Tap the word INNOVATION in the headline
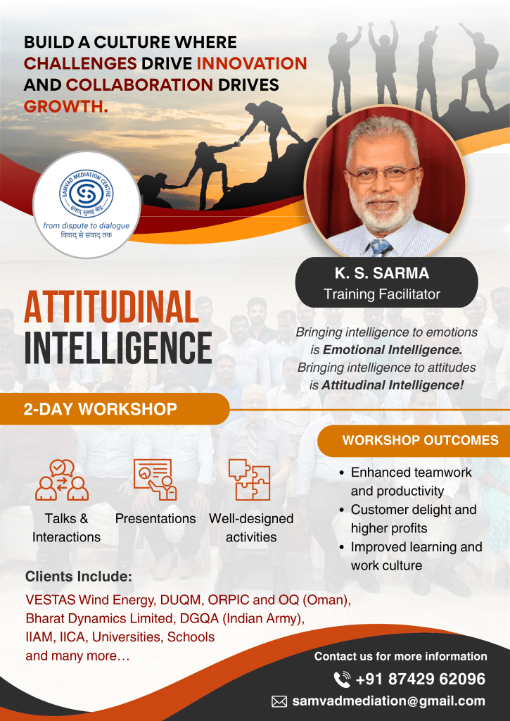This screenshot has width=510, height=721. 252,63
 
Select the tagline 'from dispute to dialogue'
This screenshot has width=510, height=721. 87,226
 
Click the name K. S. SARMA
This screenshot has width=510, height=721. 382,273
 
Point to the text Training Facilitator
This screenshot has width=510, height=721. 382,294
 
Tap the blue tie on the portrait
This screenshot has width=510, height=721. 380,247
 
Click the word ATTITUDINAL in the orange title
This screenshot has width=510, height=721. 111,308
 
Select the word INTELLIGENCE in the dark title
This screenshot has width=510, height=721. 117,348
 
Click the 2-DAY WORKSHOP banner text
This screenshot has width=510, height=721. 100,409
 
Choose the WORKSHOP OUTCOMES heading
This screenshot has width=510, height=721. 421,441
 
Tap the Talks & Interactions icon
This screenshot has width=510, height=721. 62,479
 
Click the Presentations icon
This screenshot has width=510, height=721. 155,479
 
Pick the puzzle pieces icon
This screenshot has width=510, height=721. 249,479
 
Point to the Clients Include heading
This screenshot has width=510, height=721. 79,577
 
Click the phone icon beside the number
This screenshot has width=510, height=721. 342,679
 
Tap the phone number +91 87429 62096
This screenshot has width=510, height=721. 421,679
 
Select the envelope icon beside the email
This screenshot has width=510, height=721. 279,701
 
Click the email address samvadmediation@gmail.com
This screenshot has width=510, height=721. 389,701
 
